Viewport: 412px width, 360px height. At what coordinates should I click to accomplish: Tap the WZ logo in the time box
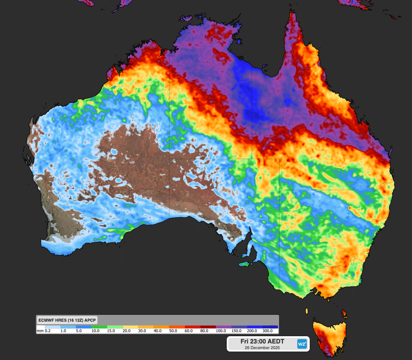[x=302, y=344]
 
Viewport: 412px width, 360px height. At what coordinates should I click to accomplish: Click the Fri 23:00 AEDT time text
[x=262, y=341]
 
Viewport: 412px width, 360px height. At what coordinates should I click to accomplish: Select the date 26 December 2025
[x=262, y=348]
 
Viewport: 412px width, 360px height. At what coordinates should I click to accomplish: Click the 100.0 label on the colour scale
[x=221, y=331]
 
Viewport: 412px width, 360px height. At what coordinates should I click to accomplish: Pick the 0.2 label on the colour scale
[x=48, y=331]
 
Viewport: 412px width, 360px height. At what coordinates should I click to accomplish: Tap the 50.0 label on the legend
[x=174, y=331]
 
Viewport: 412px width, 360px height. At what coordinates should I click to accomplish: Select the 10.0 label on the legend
[x=96, y=331]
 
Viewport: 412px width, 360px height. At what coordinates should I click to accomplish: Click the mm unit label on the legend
[x=40, y=331]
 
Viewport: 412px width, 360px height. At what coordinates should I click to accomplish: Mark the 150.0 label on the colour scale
[x=236, y=331]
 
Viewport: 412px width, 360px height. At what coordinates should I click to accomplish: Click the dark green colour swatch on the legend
[x=99, y=327]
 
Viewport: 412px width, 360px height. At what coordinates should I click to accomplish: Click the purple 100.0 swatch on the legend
[x=224, y=327]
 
